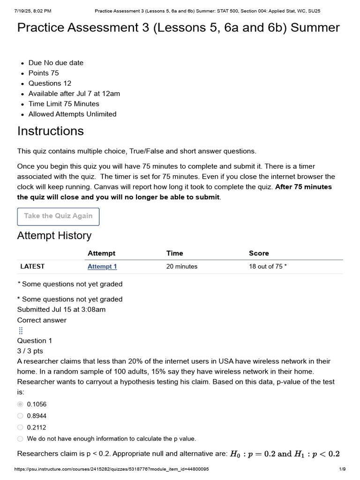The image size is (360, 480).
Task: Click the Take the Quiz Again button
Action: [58, 216]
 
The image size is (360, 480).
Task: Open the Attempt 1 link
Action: [102, 267]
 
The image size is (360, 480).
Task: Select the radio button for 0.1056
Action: [20, 404]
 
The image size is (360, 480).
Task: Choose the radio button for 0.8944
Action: [20, 416]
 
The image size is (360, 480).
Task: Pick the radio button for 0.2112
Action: [20, 427]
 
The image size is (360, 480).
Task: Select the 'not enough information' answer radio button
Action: [20, 439]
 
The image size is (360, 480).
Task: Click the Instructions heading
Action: [51, 131]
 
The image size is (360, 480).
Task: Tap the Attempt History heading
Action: [54, 236]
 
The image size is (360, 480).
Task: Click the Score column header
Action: [259, 253]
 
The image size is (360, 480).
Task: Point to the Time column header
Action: [175, 253]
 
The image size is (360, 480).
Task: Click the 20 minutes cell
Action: [182, 267]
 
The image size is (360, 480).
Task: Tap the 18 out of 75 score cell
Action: [268, 267]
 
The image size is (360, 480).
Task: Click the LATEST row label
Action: [32, 266]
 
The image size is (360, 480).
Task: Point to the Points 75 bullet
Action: [44, 73]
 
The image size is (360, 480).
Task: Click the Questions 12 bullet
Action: [50, 83]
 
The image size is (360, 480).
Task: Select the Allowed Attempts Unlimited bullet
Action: [72, 114]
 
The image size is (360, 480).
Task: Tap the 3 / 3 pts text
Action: [30, 351]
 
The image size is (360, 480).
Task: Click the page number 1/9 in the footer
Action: [342, 469]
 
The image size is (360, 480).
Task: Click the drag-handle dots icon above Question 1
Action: [21, 330]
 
